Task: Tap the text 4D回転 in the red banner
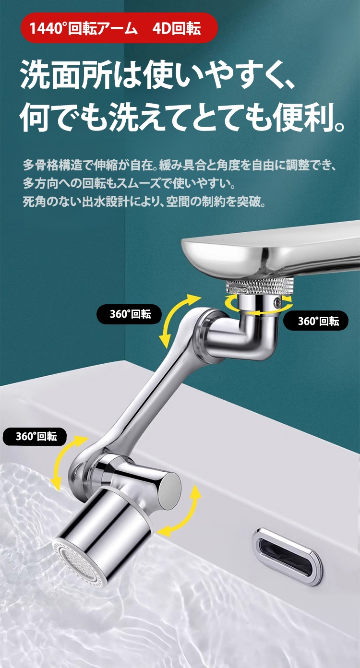(177, 29)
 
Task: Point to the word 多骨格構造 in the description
(53, 165)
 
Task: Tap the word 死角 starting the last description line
(35, 202)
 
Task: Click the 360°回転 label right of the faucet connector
(315, 321)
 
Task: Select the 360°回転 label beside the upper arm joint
(129, 314)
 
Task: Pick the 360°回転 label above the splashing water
(35, 436)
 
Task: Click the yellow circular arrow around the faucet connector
(258, 305)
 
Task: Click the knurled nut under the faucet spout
(260, 286)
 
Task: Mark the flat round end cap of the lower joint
(169, 487)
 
